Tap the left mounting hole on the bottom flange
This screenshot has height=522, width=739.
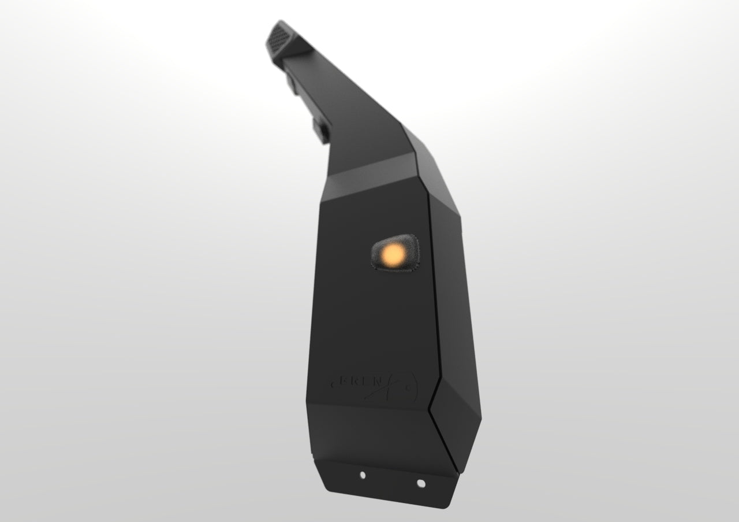coord(363,475)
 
